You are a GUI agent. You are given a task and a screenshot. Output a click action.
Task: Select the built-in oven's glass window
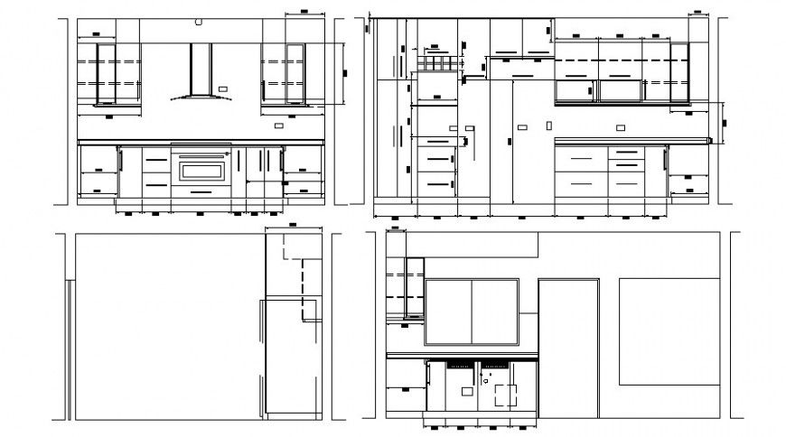tap(202, 169)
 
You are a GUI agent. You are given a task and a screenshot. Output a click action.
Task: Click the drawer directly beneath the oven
tap(202, 190)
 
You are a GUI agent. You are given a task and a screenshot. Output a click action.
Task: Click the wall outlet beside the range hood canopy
tap(223, 88)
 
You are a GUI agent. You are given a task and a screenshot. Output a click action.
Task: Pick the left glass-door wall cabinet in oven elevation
tap(108, 72)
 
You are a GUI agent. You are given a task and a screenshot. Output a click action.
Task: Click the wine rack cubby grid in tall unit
tap(435, 64)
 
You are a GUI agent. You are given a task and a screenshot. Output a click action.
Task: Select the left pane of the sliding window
tap(449, 311)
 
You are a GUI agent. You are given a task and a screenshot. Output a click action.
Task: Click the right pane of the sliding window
tap(495, 311)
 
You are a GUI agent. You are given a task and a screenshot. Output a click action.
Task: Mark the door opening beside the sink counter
tap(568, 349)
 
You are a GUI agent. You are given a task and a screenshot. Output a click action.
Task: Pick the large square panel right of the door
tap(669, 330)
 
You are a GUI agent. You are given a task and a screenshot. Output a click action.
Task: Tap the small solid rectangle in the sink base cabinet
tap(467, 392)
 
